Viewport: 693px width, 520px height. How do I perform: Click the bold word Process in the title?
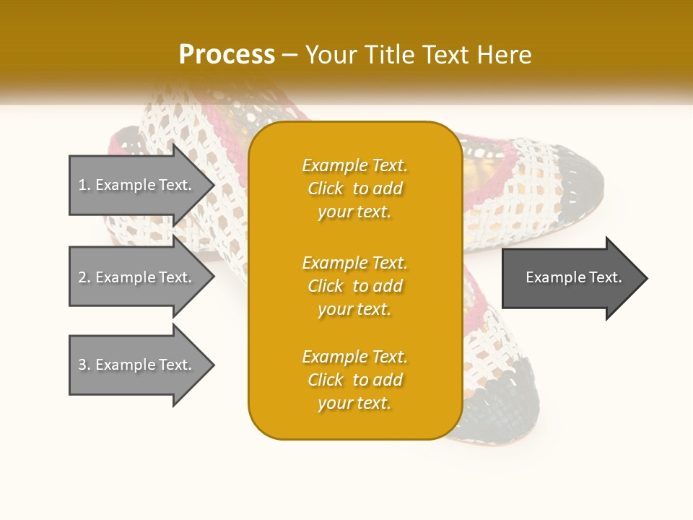227,55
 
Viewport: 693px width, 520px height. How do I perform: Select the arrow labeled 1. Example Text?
136,185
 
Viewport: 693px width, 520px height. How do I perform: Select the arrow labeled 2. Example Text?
136,277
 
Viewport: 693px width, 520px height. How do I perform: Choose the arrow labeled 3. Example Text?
136,365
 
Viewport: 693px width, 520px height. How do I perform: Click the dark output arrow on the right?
573,277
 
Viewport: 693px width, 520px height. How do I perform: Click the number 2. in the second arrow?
84,277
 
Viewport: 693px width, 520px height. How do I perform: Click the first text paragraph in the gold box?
354,188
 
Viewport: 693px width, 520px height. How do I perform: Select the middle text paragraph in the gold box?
354,286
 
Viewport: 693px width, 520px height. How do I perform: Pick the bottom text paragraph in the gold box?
354,380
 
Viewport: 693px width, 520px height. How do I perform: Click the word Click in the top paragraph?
326,188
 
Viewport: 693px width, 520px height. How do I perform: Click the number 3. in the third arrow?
84,365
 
